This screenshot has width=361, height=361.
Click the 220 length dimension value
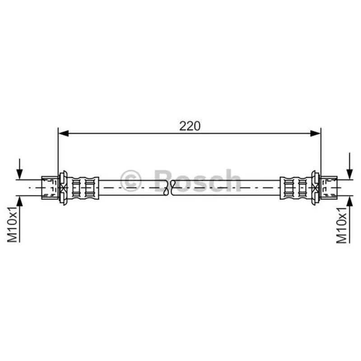[190, 126]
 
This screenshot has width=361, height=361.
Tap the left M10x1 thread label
[12, 224]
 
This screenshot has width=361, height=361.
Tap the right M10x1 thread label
[342, 225]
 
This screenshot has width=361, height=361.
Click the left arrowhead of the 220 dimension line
[64, 133]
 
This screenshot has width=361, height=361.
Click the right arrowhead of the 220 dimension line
[315, 133]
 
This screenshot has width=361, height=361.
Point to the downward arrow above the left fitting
[19, 169]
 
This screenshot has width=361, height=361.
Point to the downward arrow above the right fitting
[350, 166]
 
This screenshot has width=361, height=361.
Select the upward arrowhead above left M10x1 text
[19, 201]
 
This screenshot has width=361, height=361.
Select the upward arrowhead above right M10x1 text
[350, 201]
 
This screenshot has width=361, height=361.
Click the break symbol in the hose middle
[169, 188]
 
